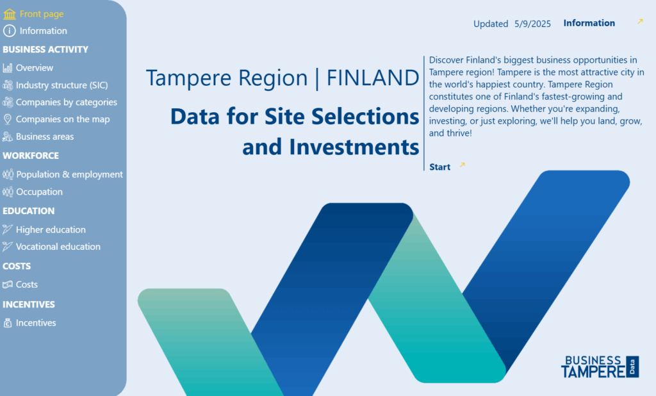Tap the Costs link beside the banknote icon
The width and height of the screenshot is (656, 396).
[x=27, y=285]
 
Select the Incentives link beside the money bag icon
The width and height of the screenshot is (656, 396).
[x=36, y=323]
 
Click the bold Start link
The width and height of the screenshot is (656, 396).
[x=439, y=167]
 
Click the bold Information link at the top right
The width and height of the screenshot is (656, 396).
[x=589, y=24]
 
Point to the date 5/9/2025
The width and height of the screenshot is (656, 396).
[x=532, y=24]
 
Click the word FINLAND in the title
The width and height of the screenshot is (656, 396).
[x=373, y=78]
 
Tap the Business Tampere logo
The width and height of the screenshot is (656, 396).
[x=600, y=367]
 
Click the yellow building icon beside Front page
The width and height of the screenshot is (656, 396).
[x=9, y=14]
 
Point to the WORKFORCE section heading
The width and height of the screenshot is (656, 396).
[x=31, y=156]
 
